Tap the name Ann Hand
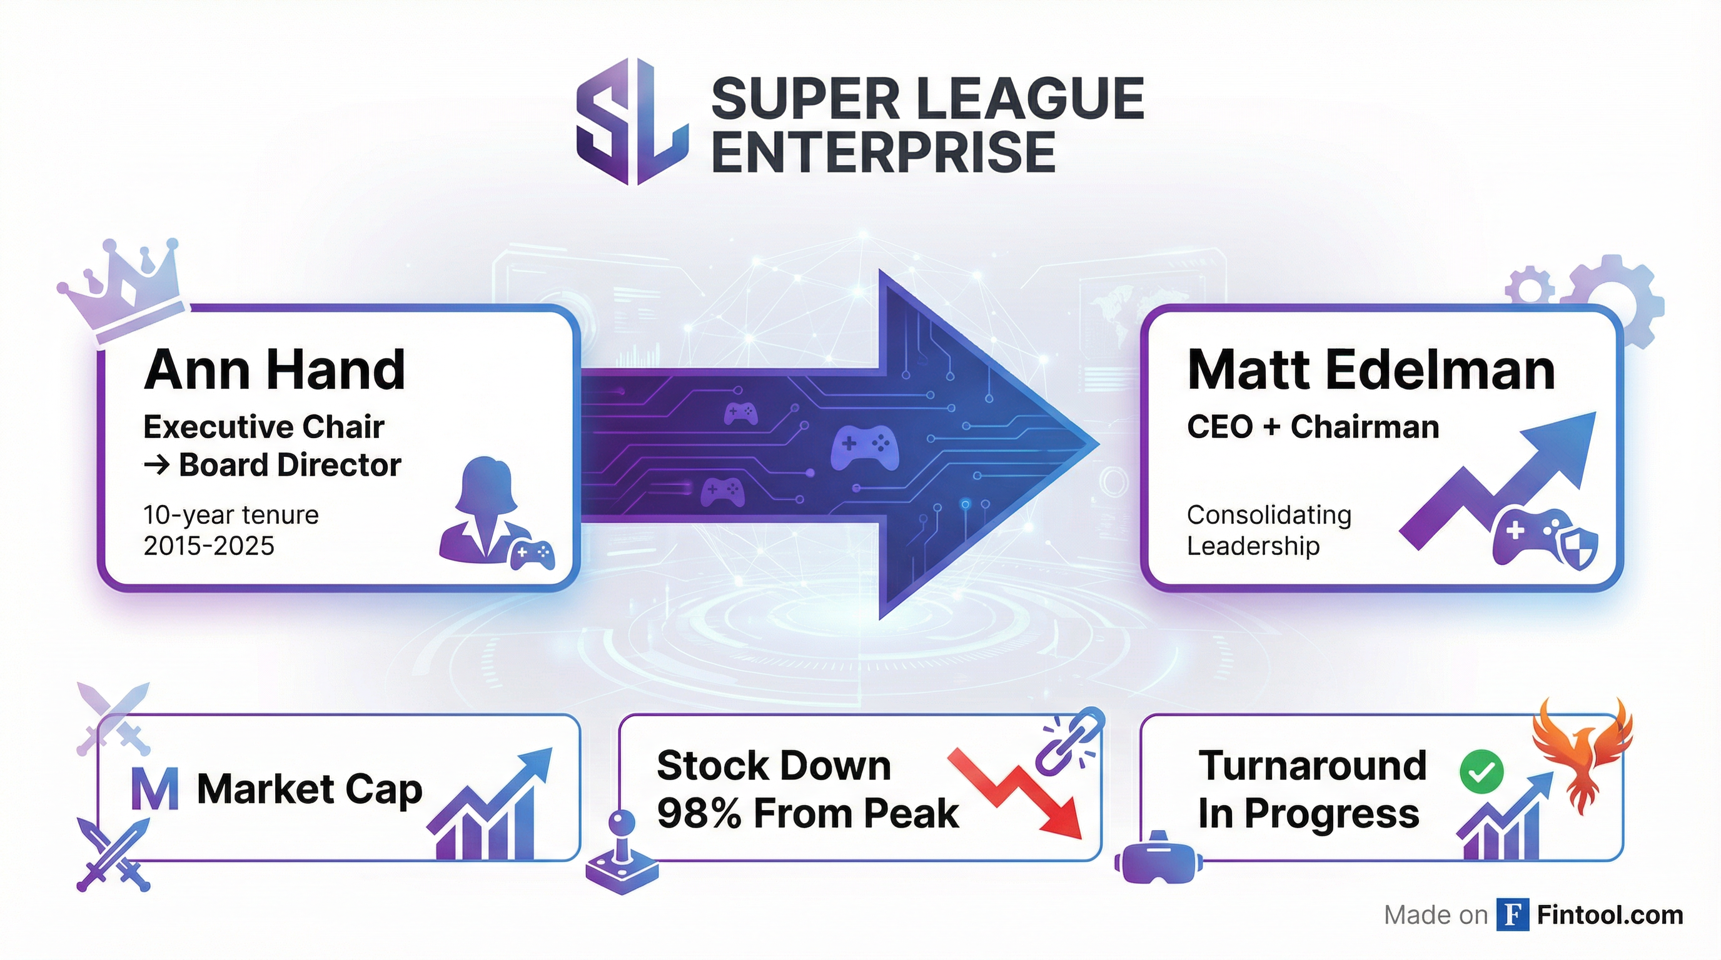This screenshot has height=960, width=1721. click(275, 371)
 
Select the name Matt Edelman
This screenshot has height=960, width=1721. click(1371, 371)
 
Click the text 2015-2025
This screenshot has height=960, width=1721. click(208, 547)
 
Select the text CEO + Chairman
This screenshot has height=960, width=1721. click(1313, 427)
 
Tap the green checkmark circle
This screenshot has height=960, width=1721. click(1481, 772)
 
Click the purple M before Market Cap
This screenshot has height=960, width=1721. click(154, 790)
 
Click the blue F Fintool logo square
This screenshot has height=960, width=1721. click(1513, 914)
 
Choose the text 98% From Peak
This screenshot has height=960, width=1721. click(808, 814)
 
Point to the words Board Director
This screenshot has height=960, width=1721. click(290, 466)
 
